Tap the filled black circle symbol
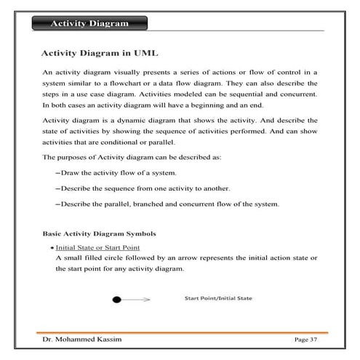(x=116, y=299)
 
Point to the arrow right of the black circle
(x=136, y=299)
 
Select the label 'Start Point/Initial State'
(x=218, y=298)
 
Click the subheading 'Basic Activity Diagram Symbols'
(x=99, y=234)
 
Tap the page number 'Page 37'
(x=305, y=340)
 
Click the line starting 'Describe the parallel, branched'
(x=169, y=204)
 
